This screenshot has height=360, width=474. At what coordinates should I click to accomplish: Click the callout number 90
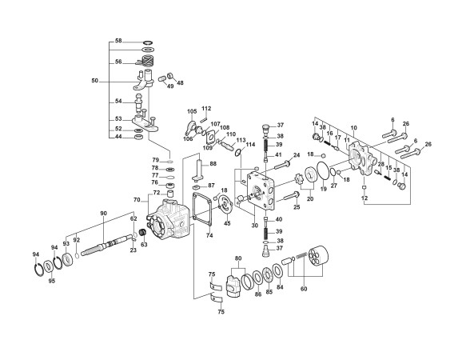pyautogui.click(x=103, y=214)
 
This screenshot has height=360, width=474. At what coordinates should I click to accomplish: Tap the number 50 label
pyautogui.click(x=94, y=81)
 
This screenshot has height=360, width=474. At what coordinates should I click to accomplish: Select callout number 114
pyautogui.click(x=250, y=144)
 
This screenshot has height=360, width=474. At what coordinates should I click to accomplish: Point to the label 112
pyautogui.click(x=206, y=108)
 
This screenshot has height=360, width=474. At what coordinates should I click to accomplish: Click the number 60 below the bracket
pyautogui.click(x=304, y=289)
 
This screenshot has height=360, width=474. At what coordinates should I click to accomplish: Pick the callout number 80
pyautogui.click(x=238, y=258)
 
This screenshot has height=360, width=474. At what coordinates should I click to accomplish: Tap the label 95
pyautogui.click(x=52, y=281)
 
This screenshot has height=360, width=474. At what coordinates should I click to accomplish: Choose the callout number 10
pyautogui.click(x=353, y=128)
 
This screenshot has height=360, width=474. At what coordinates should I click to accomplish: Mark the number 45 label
pyautogui.click(x=227, y=223)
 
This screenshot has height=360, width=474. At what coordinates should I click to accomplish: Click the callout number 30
pyautogui.click(x=254, y=226)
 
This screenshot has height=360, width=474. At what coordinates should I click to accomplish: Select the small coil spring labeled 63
pyautogui.click(x=143, y=234)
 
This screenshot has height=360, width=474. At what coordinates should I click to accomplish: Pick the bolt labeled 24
pyautogui.click(x=282, y=166)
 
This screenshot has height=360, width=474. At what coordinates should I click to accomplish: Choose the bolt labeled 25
pyautogui.click(x=290, y=196)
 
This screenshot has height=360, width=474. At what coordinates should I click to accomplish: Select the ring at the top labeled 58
pyautogui.click(x=148, y=42)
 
